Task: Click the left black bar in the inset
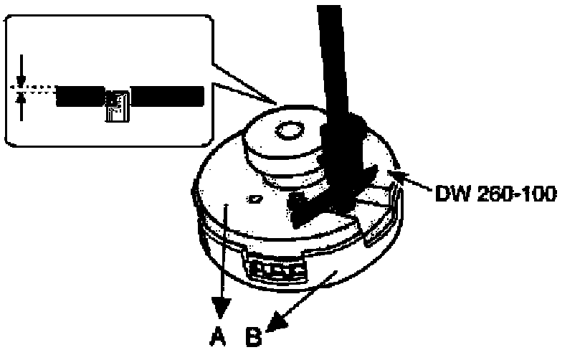(80, 95)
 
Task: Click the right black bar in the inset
(168, 95)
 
